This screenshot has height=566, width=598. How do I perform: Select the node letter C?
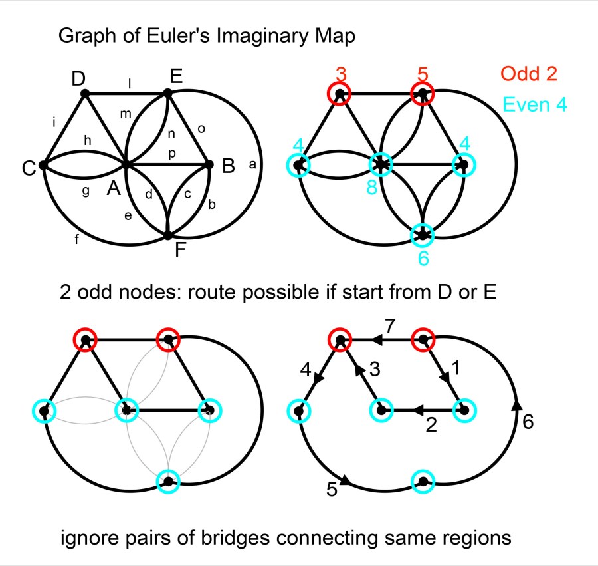(28, 170)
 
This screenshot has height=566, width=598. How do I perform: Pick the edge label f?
(77, 241)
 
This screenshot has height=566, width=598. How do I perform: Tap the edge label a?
(252, 164)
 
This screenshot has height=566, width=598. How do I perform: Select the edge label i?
(53, 122)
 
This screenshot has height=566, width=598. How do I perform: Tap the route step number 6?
(528, 423)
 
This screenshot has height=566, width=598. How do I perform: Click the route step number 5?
(332, 490)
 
